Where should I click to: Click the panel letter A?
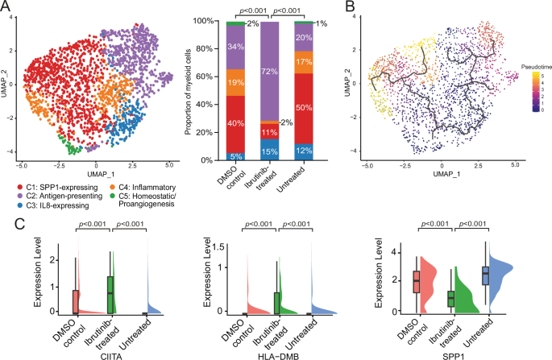[x=7, y=7]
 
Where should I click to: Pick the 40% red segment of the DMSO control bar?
[x=235, y=123]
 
